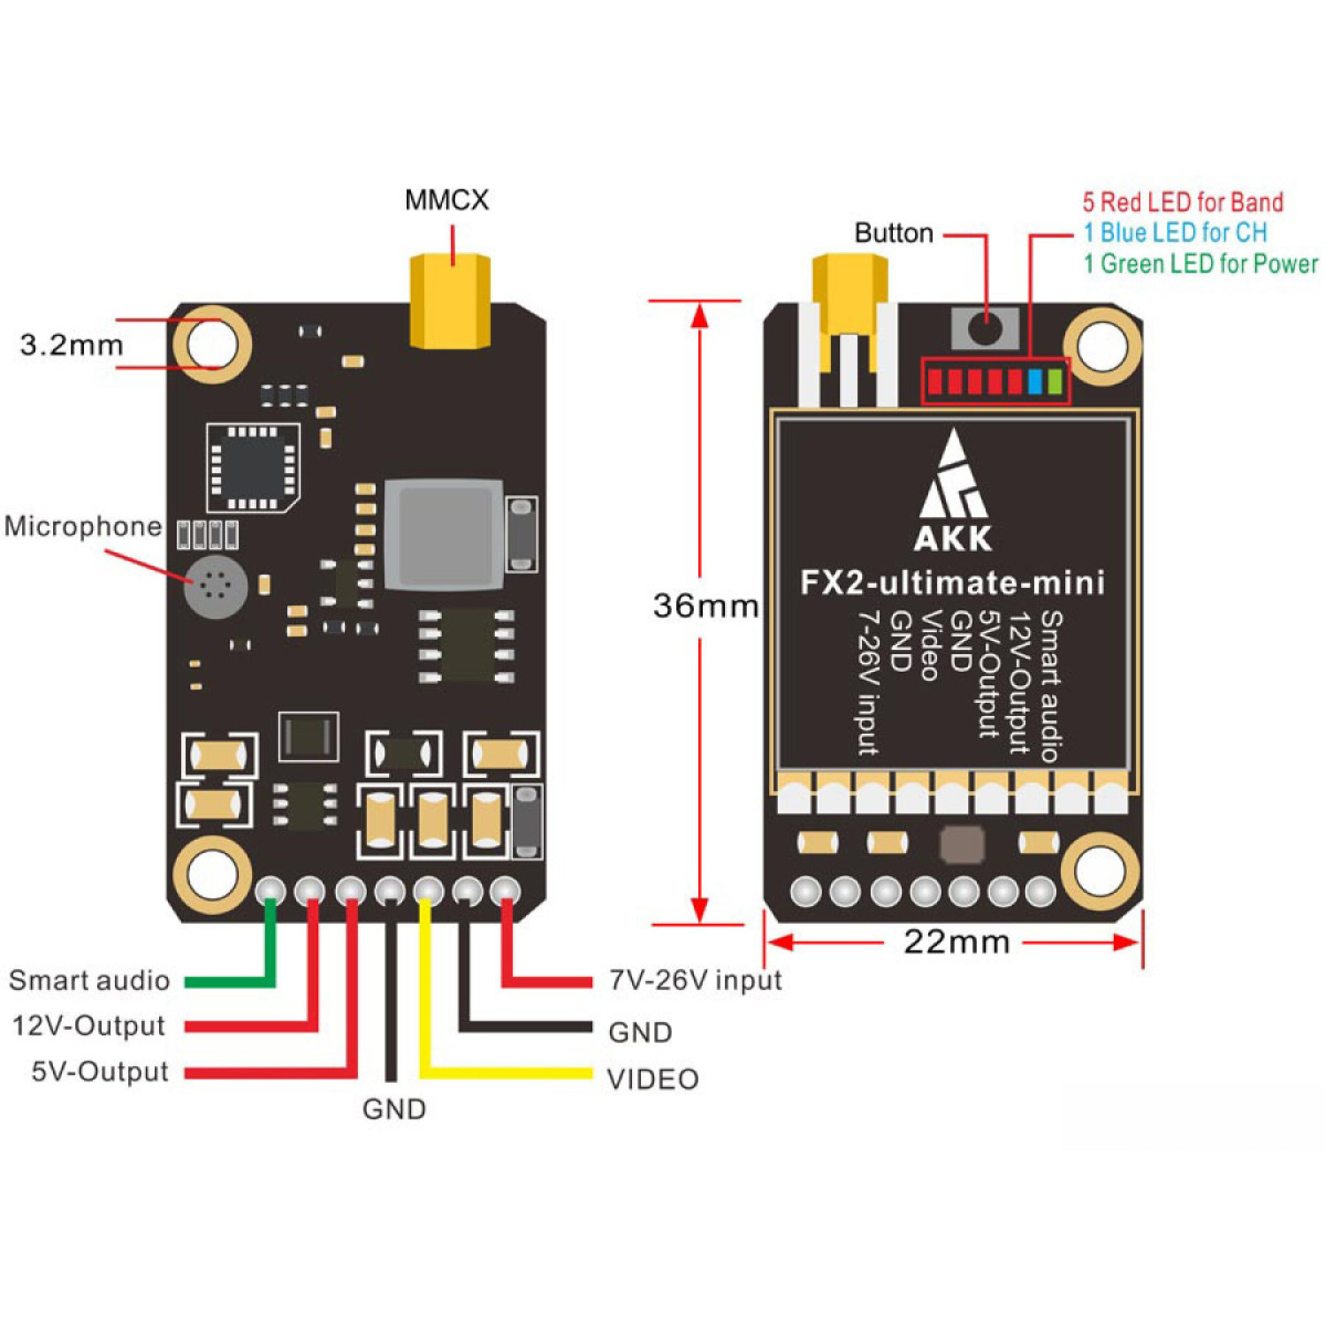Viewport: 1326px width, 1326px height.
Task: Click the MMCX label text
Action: point(446,200)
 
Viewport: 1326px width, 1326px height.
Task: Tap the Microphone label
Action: point(83,526)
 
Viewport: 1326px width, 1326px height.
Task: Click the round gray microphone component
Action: point(215,586)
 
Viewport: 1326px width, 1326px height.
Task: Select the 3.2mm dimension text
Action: point(72,345)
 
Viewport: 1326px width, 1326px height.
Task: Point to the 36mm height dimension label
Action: point(705,606)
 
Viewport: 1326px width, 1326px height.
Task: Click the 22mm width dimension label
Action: point(956,941)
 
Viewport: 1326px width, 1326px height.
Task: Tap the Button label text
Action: point(894,233)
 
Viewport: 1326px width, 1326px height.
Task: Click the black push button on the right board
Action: point(985,328)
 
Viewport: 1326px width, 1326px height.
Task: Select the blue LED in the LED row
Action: point(1034,382)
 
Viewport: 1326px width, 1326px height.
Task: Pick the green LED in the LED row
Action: point(1054,382)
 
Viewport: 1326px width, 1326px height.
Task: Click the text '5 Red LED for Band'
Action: point(1183,202)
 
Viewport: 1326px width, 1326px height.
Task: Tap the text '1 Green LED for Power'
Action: point(1200,263)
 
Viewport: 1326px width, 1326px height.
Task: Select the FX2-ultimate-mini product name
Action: point(952,583)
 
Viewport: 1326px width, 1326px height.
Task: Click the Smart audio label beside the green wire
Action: point(89,980)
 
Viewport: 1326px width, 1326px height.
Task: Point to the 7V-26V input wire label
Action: point(696,980)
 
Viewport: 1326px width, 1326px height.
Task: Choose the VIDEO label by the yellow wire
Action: point(652,1079)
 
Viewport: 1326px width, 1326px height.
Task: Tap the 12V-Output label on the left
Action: point(88,1025)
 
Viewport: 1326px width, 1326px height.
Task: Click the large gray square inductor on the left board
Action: point(445,535)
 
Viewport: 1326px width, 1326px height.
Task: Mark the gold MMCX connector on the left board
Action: point(450,301)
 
